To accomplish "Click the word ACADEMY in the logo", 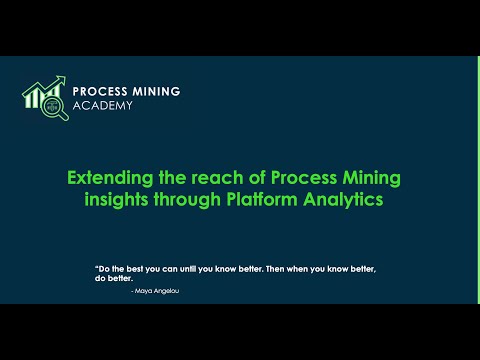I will click(x=103, y=105).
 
